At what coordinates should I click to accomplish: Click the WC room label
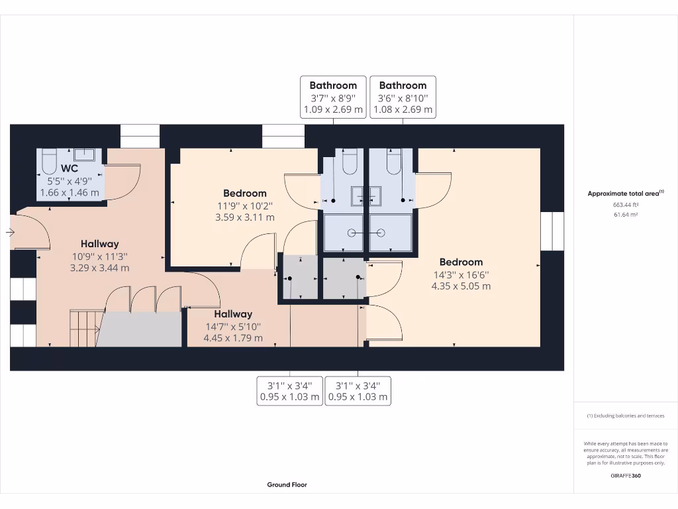click(x=70, y=168)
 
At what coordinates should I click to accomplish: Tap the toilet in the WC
click(x=50, y=160)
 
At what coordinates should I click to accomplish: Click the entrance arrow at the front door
click(x=9, y=232)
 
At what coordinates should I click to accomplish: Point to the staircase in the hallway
click(x=85, y=328)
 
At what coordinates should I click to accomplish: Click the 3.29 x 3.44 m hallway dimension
click(x=99, y=268)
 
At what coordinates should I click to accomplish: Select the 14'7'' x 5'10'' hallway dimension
click(x=232, y=326)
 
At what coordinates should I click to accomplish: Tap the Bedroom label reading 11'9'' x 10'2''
click(x=244, y=194)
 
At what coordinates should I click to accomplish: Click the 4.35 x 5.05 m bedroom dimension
click(x=461, y=286)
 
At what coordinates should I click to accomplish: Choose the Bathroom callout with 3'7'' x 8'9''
click(x=333, y=97)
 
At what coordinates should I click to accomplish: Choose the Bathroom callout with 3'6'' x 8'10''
click(x=403, y=97)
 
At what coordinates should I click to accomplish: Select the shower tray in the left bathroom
click(x=343, y=233)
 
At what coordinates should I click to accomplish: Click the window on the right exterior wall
click(x=552, y=231)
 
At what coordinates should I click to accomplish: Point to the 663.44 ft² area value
click(x=626, y=205)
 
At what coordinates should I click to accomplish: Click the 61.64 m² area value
click(x=626, y=215)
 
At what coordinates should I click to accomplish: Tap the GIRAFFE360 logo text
click(x=626, y=475)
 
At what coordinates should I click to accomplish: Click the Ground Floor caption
click(x=287, y=484)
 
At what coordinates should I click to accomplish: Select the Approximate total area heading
click(x=624, y=194)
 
